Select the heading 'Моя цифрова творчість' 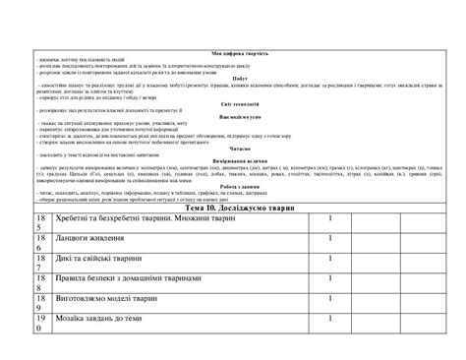pos(233,51)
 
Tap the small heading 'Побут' pos(234,77)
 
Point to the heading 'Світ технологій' pos(234,102)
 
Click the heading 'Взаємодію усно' pos(234,115)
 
